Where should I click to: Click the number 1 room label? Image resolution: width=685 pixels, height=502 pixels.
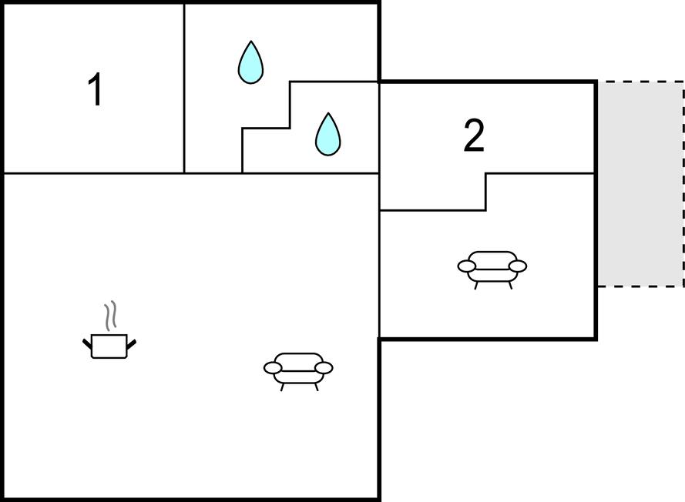coord(96,90)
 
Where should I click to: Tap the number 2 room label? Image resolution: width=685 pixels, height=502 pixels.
coord(474,136)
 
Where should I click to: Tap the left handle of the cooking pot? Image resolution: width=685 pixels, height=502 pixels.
coord(87,343)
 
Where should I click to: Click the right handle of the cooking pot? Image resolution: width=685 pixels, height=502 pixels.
coord(131,343)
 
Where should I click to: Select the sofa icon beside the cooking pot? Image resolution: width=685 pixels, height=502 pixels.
coord(298,369)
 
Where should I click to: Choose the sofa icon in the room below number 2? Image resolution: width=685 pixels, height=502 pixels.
coord(492,267)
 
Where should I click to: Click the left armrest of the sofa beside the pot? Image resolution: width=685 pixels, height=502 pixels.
coord(273,368)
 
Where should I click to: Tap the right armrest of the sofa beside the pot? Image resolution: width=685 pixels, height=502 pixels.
coord(324,368)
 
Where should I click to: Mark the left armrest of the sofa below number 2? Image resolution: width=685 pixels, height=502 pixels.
coord(467,266)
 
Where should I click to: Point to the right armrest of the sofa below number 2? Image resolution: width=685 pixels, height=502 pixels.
coord(518,266)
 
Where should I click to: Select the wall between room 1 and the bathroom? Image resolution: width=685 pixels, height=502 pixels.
coord(184,89)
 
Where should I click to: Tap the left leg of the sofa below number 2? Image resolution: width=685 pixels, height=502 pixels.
coord(476,285)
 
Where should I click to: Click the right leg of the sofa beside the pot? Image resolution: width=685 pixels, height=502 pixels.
coord(316,387)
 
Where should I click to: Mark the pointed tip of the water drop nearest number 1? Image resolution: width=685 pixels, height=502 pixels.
coord(250,42)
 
